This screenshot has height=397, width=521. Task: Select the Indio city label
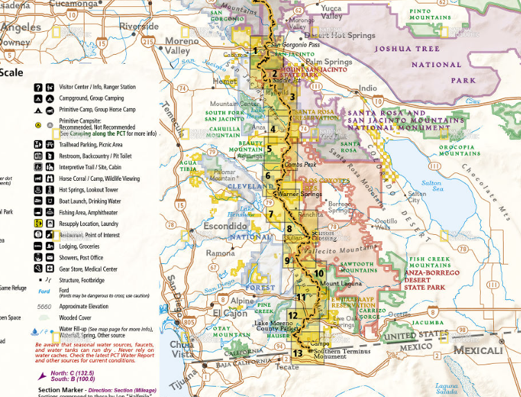(x=368, y=88)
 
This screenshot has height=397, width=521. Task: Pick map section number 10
(x=319, y=273)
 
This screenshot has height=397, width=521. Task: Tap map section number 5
(x=269, y=148)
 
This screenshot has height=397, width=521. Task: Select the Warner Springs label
(x=300, y=195)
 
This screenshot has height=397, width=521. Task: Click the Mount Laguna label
(x=340, y=284)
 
